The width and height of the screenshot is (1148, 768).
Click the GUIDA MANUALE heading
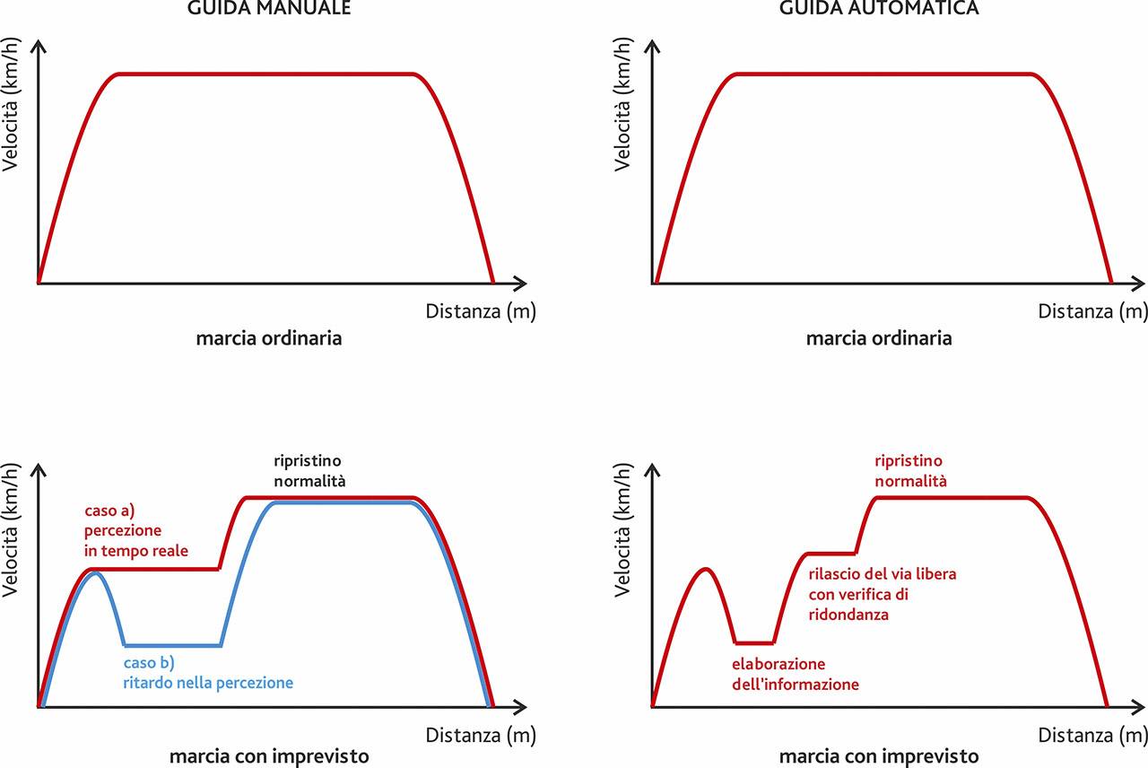tap(269, 9)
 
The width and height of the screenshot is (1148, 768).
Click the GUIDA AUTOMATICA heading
tap(879, 9)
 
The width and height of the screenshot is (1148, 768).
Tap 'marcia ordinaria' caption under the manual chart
tap(269, 339)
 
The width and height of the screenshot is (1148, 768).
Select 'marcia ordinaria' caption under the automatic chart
tap(879, 339)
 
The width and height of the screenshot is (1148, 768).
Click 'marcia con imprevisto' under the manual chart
tap(269, 755)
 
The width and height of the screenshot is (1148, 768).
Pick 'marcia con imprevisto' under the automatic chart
tap(879, 755)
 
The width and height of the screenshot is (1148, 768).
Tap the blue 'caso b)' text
tap(149, 664)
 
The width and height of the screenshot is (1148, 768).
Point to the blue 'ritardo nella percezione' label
tap(208, 683)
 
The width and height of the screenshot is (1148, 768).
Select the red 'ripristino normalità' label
tap(911, 471)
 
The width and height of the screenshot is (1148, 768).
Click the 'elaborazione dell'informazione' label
tap(795, 675)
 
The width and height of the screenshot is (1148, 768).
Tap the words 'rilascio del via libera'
tap(883, 574)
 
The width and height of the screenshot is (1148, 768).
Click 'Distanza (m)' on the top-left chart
tap(481, 311)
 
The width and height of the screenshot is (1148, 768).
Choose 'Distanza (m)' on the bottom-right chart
tap(1092, 735)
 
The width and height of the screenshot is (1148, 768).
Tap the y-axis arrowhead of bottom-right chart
tap(652, 469)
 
